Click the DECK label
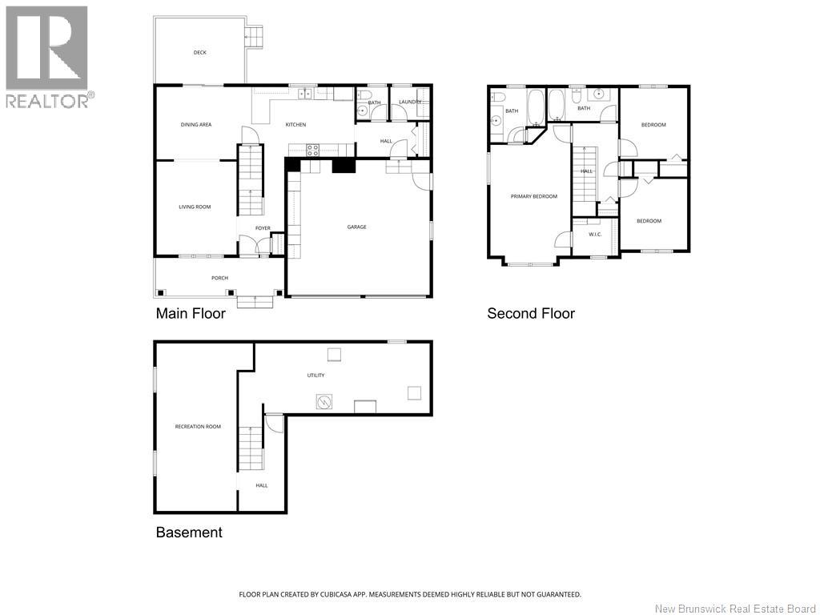point(199,53)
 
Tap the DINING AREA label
point(195,124)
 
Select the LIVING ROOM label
point(195,207)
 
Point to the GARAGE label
point(356,227)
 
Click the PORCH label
point(219,278)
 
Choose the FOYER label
point(263,228)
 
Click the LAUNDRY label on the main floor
point(410,102)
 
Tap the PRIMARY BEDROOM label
point(533,196)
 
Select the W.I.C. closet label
point(595,235)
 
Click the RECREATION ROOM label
point(198,427)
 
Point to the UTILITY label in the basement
point(316,375)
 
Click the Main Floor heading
point(191,314)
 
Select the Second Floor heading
point(531,314)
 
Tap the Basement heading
point(189,533)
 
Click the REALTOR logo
point(48,57)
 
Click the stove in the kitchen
point(313,148)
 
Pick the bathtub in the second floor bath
point(536,107)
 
